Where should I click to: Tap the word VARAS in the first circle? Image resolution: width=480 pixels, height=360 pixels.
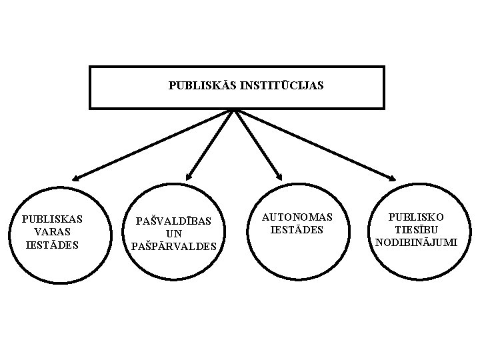pyautogui.click(x=52, y=231)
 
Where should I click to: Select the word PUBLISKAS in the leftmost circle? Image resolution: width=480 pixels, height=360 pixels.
pyautogui.click(x=52, y=219)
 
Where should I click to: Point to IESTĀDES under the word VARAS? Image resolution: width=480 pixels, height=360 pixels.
pyautogui.click(x=52, y=245)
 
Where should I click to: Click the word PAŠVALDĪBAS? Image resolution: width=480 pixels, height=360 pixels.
pyautogui.click(x=174, y=221)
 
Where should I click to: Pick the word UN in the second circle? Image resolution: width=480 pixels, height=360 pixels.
pyautogui.click(x=174, y=233)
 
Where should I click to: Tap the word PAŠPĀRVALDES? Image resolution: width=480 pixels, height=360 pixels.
pyautogui.click(x=174, y=247)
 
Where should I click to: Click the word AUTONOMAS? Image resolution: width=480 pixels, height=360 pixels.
pyautogui.click(x=297, y=217)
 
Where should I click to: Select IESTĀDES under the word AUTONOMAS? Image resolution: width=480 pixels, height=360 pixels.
pyautogui.click(x=297, y=230)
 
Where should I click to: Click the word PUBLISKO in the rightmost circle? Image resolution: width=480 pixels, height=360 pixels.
pyautogui.click(x=417, y=217)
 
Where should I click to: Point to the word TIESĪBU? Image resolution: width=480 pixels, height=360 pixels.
pyautogui.click(x=417, y=230)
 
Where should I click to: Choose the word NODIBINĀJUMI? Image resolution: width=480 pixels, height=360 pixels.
pyautogui.click(x=417, y=243)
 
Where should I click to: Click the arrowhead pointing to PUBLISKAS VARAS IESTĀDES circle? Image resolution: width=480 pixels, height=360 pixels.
pyautogui.click(x=78, y=177)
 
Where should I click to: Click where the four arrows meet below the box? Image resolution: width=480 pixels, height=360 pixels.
pyautogui.click(x=235, y=110)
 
